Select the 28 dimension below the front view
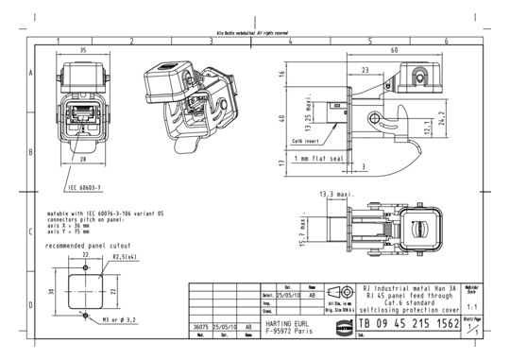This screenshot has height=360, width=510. [83, 159]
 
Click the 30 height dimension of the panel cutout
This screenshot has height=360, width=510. [53, 291]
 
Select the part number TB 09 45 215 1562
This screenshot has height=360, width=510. [408, 324]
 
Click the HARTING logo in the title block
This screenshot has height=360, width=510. [344, 324]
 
